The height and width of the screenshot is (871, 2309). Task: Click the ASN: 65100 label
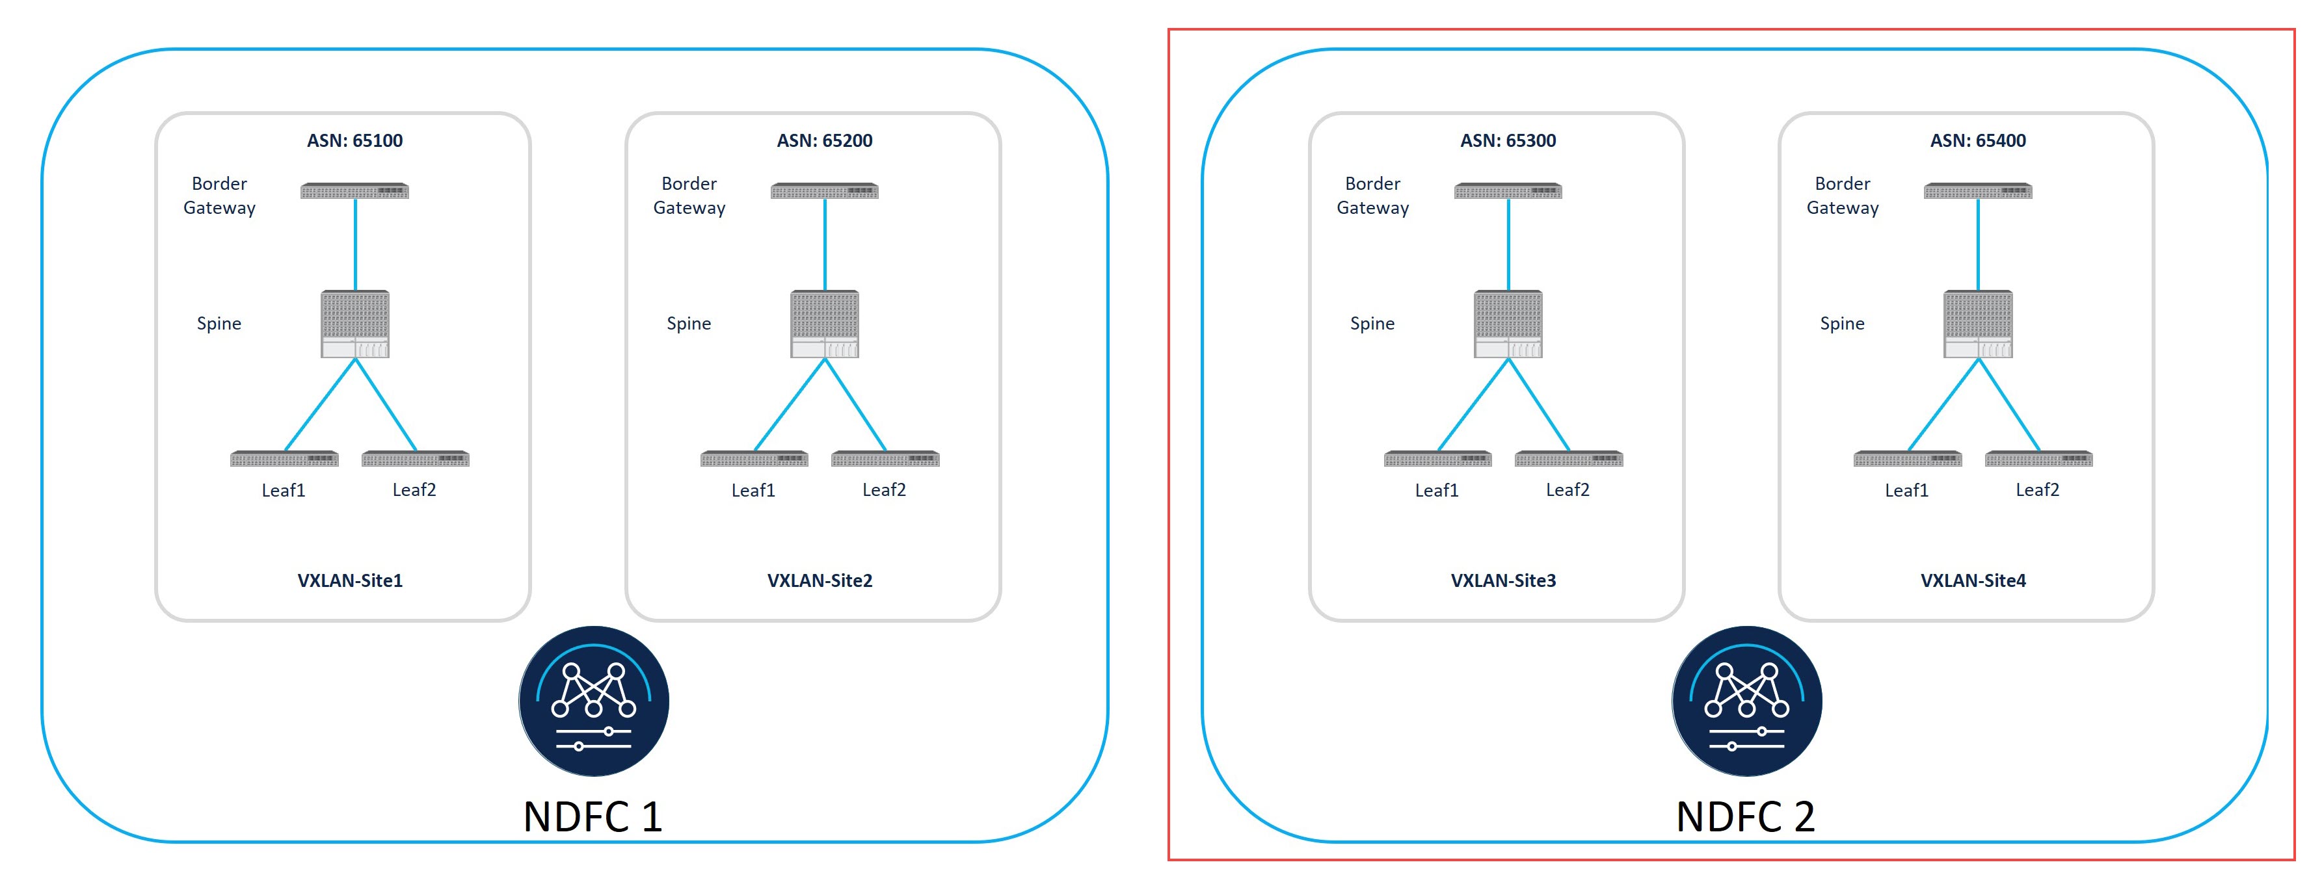355,140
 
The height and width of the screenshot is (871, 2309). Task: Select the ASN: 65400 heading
1977,140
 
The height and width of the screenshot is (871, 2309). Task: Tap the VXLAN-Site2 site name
820,580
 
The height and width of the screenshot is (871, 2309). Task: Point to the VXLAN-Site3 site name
1503,580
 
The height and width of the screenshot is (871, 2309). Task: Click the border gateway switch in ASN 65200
825,191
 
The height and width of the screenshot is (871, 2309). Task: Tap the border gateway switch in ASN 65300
1508,191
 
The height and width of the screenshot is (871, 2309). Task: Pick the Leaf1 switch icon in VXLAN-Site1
284,459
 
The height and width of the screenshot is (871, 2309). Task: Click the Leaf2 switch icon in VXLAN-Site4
2038,459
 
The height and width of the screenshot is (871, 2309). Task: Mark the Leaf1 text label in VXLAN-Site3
1437,490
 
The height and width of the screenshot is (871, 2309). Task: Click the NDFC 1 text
593,816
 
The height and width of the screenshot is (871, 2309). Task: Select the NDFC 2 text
1745,816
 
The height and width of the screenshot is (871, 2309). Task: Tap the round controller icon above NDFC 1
593,701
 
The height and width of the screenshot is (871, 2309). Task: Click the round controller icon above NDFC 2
1746,701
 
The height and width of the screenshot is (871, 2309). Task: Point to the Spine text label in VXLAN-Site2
688,324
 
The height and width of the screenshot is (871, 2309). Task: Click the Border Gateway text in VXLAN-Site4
1842,196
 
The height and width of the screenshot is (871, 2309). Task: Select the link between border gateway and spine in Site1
355,244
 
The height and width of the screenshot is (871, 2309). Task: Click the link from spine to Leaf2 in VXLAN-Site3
1539,404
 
